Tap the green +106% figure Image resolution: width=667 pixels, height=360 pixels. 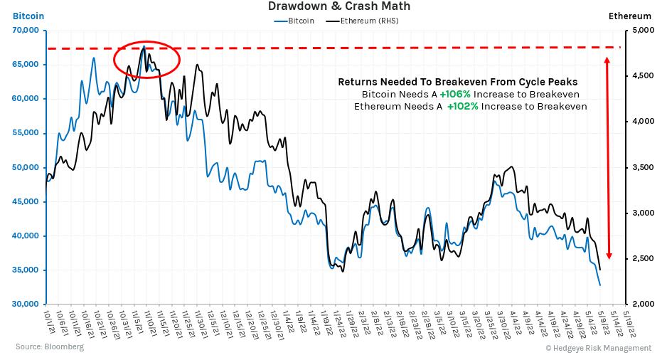[x=454, y=94]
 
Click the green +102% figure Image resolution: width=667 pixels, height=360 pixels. [x=461, y=106]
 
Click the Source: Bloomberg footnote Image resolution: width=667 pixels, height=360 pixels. [x=50, y=347]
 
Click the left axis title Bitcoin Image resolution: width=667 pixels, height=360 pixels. [x=28, y=16]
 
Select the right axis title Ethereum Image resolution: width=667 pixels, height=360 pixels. [x=630, y=16]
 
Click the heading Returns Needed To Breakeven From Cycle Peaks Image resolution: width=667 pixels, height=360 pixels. [x=457, y=82]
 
